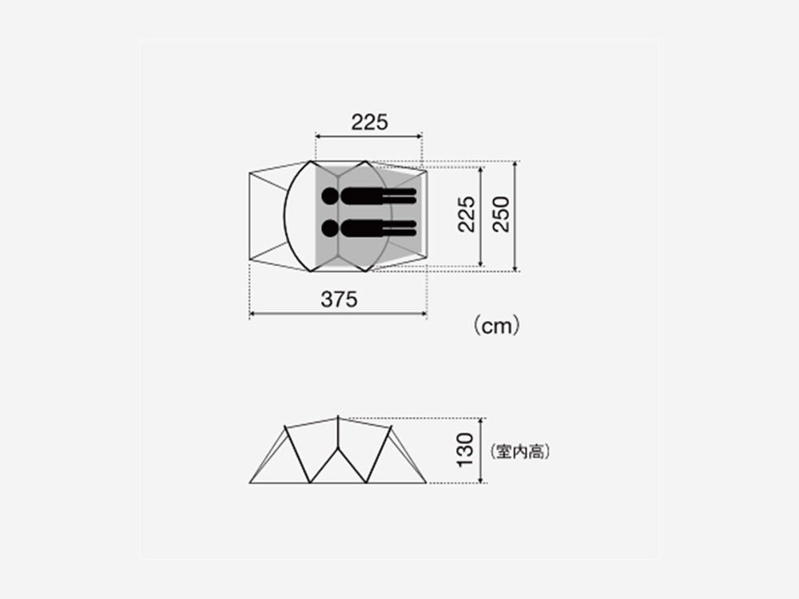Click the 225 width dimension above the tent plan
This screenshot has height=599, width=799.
[x=368, y=121]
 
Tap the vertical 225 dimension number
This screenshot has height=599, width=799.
[x=467, y=214]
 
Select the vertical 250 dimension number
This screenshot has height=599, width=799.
[x=501, y=214]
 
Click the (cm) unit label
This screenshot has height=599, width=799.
[x=496, y=326]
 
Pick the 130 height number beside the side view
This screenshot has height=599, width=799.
[x=467, y=450]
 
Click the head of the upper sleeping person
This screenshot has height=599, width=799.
[x=330, y=196]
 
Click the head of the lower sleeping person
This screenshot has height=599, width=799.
[x=330, y=228]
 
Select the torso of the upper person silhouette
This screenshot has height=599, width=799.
[x=364, y=196]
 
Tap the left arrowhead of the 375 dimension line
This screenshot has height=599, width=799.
[x=252, y=314]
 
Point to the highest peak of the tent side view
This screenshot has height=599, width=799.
[x=338, y=416]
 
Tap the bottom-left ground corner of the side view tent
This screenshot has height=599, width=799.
[x=250, y=483]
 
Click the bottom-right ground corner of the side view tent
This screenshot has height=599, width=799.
[x=426, y=483]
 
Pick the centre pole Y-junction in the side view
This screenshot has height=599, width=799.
[x=338, y=450]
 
